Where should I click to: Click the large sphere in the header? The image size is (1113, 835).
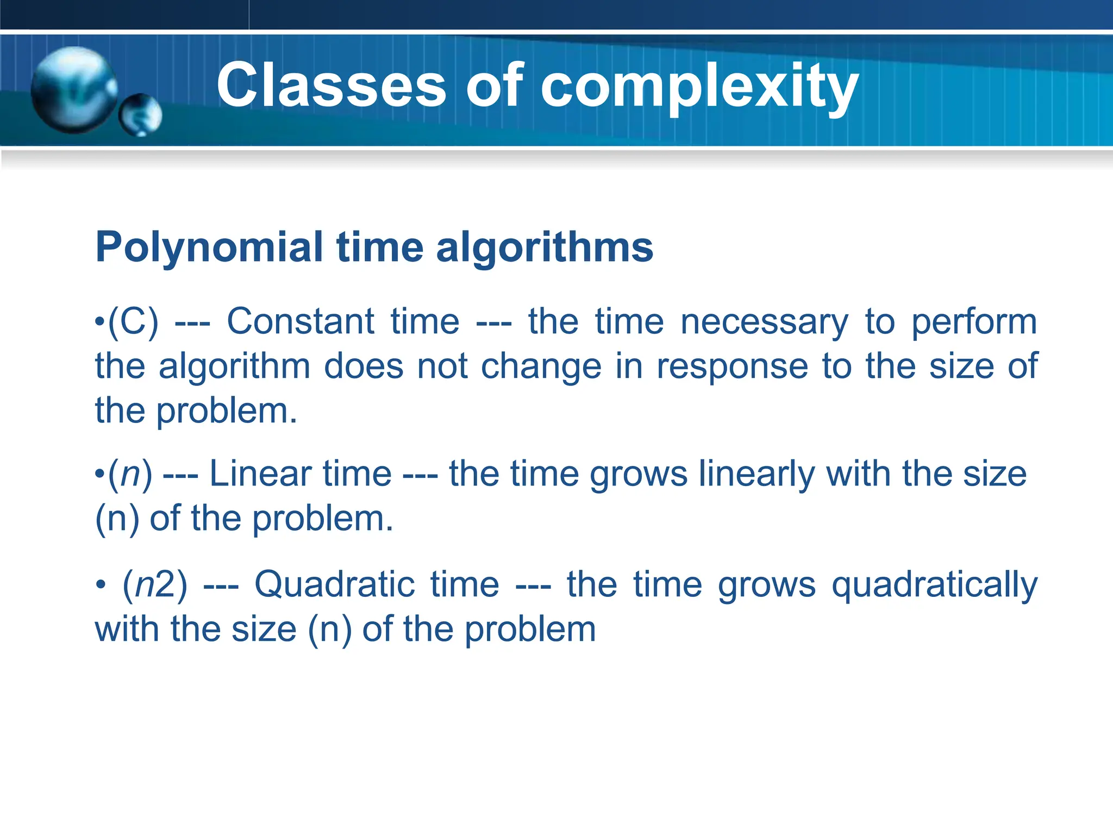pyautogui.click(x=73, y=90)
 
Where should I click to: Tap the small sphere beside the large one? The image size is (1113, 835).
pyautogui.click(x=141, y=115)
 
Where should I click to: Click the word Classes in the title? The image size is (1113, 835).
pyautogui.click(x=331, y=86)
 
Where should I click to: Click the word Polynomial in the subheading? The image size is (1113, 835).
pyautogui.click(x=209, y=248)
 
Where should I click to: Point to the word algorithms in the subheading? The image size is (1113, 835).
pyautogui.click(x=544, y=248)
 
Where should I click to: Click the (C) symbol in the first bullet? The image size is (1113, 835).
pyautogui.click(x=133, y=322)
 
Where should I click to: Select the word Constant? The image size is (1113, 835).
pyautogui.click(x=300, y=322)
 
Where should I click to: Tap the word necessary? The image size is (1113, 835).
pyautogui.click(x=764, y=322)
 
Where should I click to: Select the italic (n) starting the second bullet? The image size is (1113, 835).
pyautogui.click(x=130, y=474)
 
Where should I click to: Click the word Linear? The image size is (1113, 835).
pyautogui.click(x=300, y=474)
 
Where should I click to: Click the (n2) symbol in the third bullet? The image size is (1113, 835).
pyautogui.click(x=155, y=585)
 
